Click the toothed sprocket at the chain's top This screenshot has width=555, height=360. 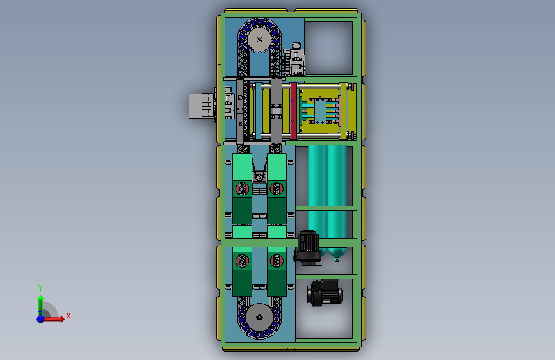coord(259,39)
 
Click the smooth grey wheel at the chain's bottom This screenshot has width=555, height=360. coord(259,317)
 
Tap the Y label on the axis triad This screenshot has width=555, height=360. coord(40,288)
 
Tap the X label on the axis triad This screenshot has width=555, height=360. coord(68,316)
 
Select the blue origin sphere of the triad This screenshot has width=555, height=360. coord(41,319)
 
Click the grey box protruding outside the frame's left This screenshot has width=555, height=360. coord(202,106)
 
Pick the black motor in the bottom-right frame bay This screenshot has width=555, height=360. coord(325,293)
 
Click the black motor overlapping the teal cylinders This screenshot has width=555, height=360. coord(307,247)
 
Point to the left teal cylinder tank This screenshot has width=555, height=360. coord(317,199)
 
